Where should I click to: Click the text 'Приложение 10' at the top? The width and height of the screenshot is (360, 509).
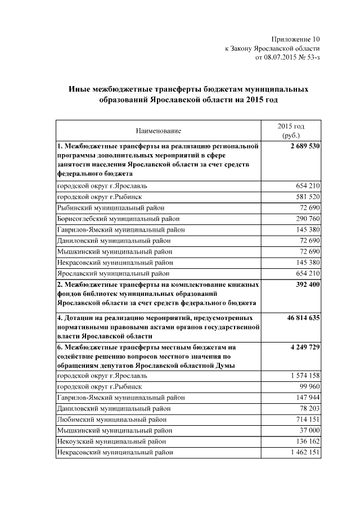tap(295, 39)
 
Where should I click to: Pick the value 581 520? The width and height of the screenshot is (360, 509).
tap(308, 197)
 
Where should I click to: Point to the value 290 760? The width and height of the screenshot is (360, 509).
tap(308, 218)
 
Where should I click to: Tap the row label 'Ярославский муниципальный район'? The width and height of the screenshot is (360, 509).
tap(112, 274)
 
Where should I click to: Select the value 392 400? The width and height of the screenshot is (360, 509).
tap(307, 285)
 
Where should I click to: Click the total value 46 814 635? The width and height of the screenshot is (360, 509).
tap(304, 318)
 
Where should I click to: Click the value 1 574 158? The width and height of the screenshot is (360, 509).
tap(305, 375)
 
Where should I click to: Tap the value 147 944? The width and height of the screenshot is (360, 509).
tap(308, 398)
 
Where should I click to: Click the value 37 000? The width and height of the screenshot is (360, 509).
tap(310, 430)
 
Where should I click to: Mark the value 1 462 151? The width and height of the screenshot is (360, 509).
tap(305, 452)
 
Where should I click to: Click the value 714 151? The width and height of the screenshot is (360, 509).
tap(308, 420)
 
